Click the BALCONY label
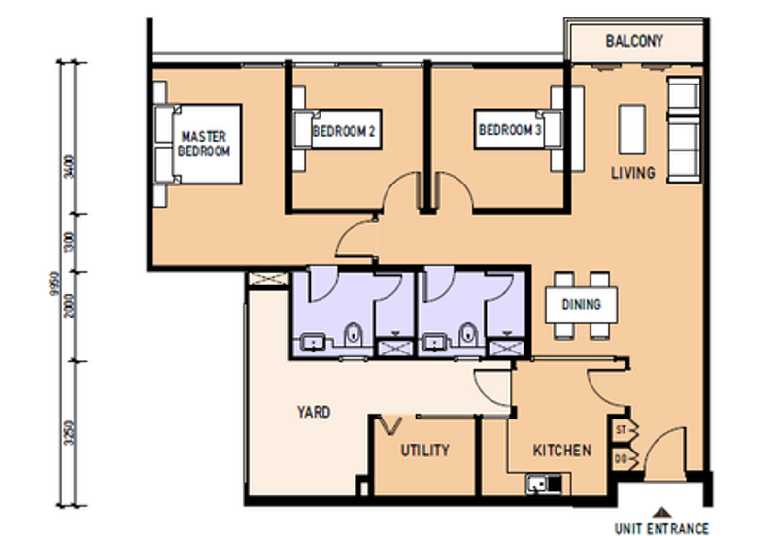(x=633, y=41)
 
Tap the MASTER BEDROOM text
(x=204, y=145)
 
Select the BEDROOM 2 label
(x=344, y=130)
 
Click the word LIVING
(x=632, y=173)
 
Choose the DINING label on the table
(x=581, y=304)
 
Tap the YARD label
(x=313, y=412)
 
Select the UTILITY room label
(x=424, y=451)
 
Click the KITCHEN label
(x=561, y=451)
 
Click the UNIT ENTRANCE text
(x=661, y=528)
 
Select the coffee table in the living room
(x=630, y=128)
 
